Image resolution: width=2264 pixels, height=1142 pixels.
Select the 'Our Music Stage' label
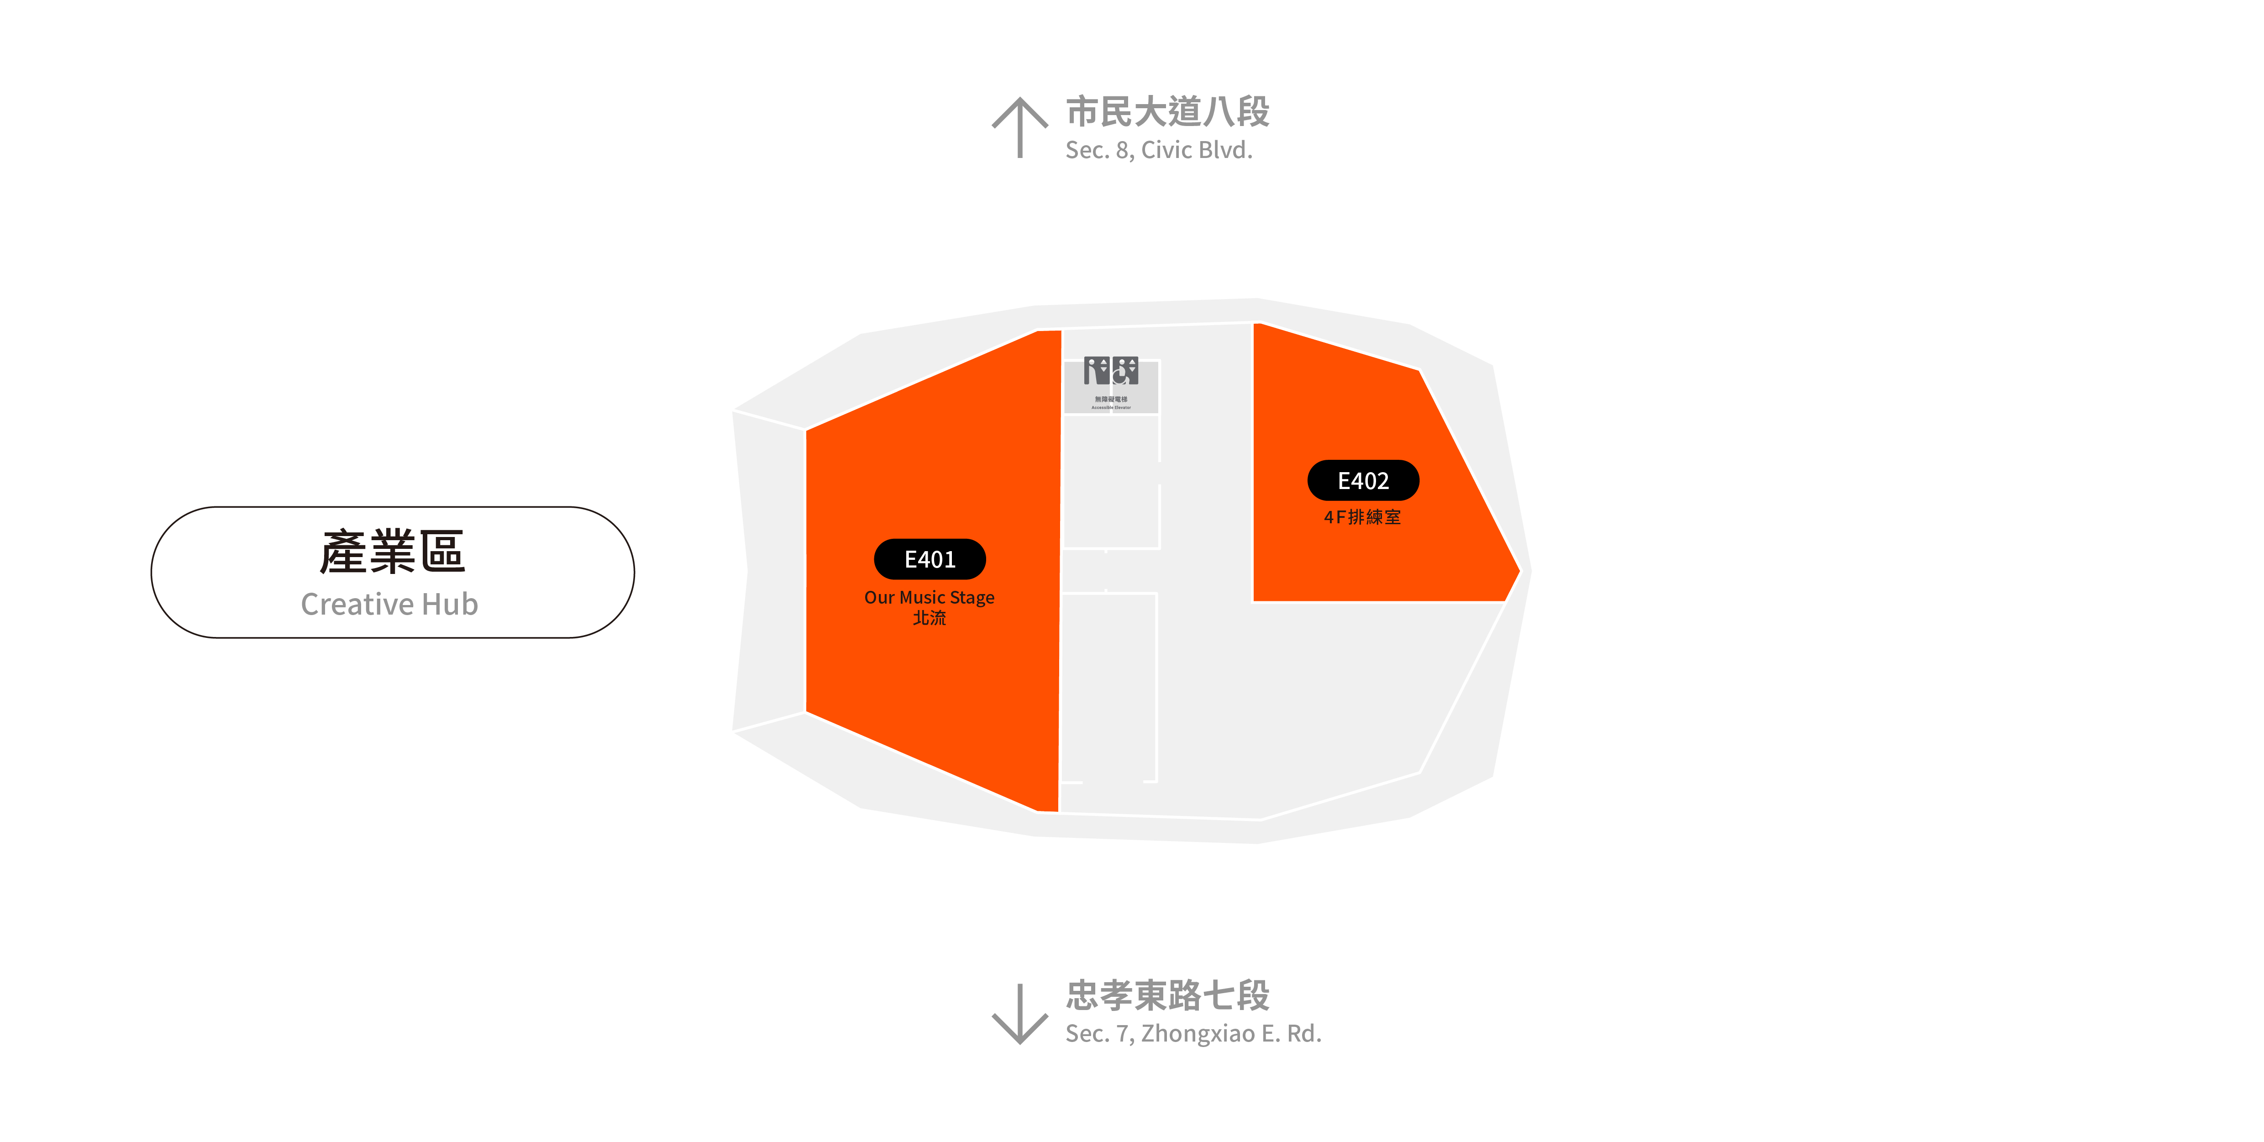click(929, 597)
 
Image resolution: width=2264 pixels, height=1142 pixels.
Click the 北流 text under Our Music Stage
click(929, 618)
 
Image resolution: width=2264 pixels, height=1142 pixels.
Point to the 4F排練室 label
click(1362, 517)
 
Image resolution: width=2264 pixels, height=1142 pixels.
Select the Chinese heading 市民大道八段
click(1167, 112)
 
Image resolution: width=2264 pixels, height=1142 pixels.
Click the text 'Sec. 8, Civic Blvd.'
click(1158, 150)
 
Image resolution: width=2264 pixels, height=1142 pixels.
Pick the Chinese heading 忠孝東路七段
click(1167, 995)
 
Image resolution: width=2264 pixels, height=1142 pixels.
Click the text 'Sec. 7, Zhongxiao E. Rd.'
click(1192, 1034)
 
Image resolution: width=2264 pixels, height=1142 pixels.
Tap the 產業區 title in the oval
click(392, 552)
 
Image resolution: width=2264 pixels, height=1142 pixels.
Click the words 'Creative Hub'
click(389, 604)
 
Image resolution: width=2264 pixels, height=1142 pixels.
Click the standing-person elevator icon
click(1097, 371)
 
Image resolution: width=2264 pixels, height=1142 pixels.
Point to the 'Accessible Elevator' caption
click(1111, 407)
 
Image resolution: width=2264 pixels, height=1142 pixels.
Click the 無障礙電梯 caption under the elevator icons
click(1111, 399)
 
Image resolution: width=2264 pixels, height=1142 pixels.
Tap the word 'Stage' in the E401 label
click(972, 597)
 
